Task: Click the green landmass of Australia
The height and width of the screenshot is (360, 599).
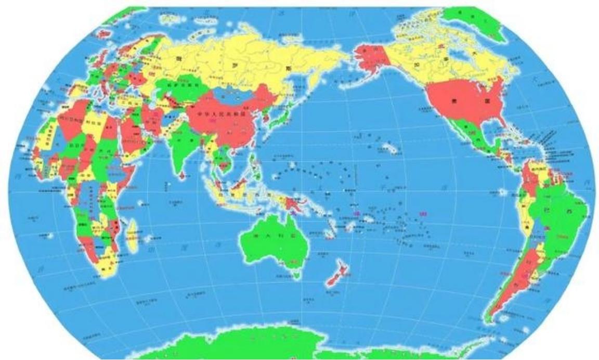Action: coord(270,245)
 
